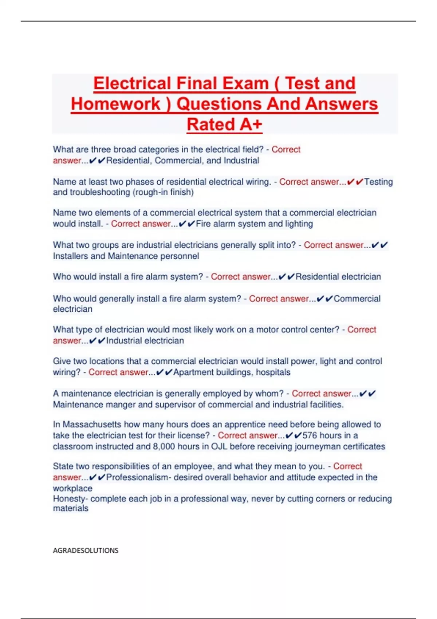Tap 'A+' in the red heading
[x=251, y=125]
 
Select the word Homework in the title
[x=115, y=104]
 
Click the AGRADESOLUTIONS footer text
[x=86, y=551]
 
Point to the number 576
[x=310, y=435]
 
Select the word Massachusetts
[x=92, y=425]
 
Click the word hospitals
[x=273, y=372]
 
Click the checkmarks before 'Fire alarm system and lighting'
[x=187, y=224]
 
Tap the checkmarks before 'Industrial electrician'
[x=97, y=341]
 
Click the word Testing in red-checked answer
[x=378, y=182]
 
